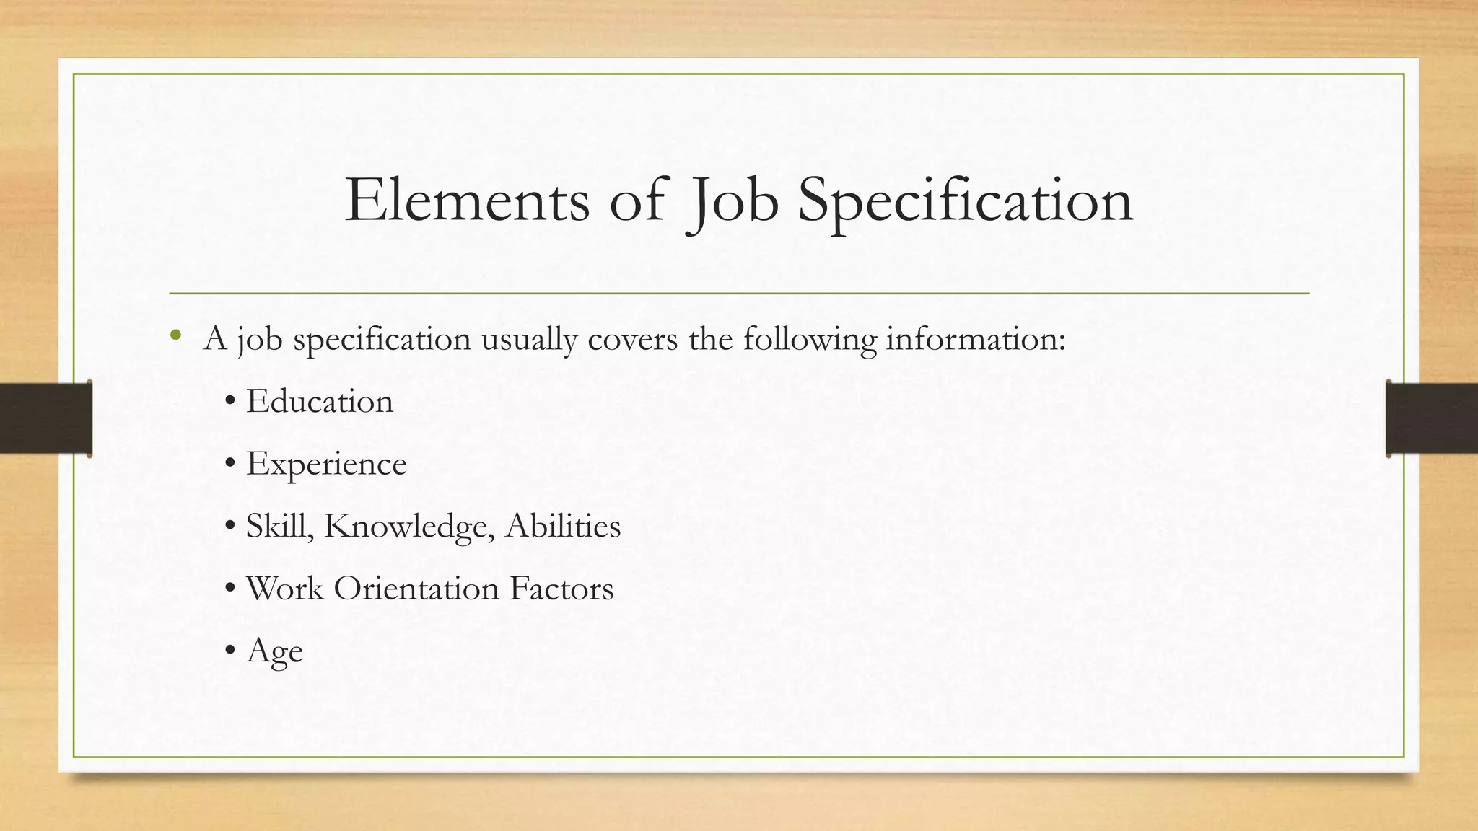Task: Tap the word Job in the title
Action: [733, 202]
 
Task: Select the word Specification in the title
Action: [965, 202]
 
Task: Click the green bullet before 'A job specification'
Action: [175, 336]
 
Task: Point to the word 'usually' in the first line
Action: [529, 339]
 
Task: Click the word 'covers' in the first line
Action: [633, 339]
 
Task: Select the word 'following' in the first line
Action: [810, 339]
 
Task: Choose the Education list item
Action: [320, 401]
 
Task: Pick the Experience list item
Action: [326, 464]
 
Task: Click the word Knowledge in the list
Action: [408, 526]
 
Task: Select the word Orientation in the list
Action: [416, 588]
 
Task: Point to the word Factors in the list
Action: [561, 588]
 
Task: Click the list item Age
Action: [274, 651]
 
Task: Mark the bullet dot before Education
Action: [229, 403]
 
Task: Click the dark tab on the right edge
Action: [1432, 418]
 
